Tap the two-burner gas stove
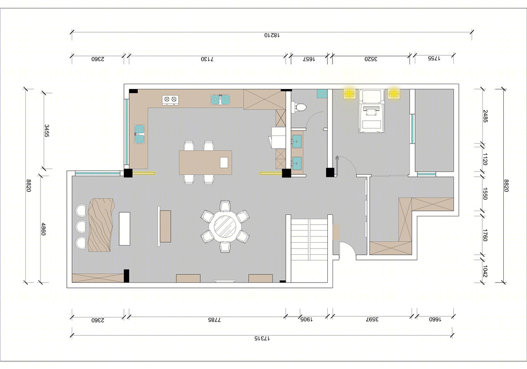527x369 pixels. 170,99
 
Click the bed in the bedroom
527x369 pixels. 372,111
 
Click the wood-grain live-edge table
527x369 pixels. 101,225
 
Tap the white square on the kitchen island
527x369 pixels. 224,162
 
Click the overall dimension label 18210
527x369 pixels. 271,35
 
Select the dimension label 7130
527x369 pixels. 207,59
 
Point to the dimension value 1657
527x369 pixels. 308,59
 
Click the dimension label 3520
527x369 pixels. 371,59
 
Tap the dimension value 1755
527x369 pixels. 434,58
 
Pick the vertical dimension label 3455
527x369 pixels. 47,131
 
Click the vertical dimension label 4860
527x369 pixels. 43,228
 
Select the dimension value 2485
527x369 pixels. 485,116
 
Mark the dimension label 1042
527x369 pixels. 485,272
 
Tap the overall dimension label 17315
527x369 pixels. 262,339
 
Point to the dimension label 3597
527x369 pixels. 372,320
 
